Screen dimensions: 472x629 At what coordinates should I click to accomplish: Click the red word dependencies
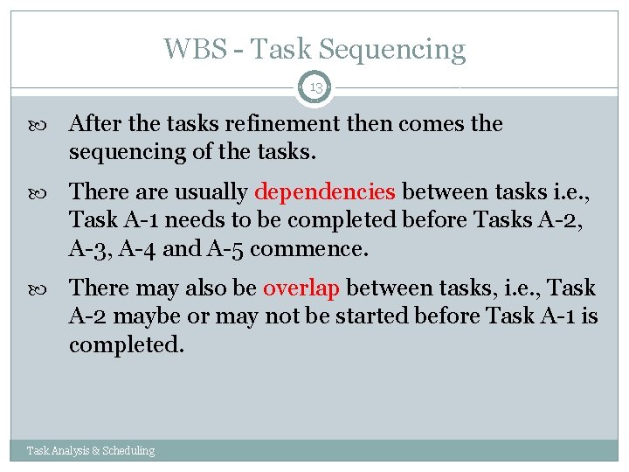coord(325,191)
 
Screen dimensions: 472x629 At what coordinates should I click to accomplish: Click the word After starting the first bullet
coord(93,124)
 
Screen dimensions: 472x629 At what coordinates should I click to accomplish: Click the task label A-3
coord(90,249)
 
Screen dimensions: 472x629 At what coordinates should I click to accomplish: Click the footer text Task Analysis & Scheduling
coord(91,451)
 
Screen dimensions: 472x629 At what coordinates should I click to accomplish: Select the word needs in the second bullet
coord(186,220)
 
